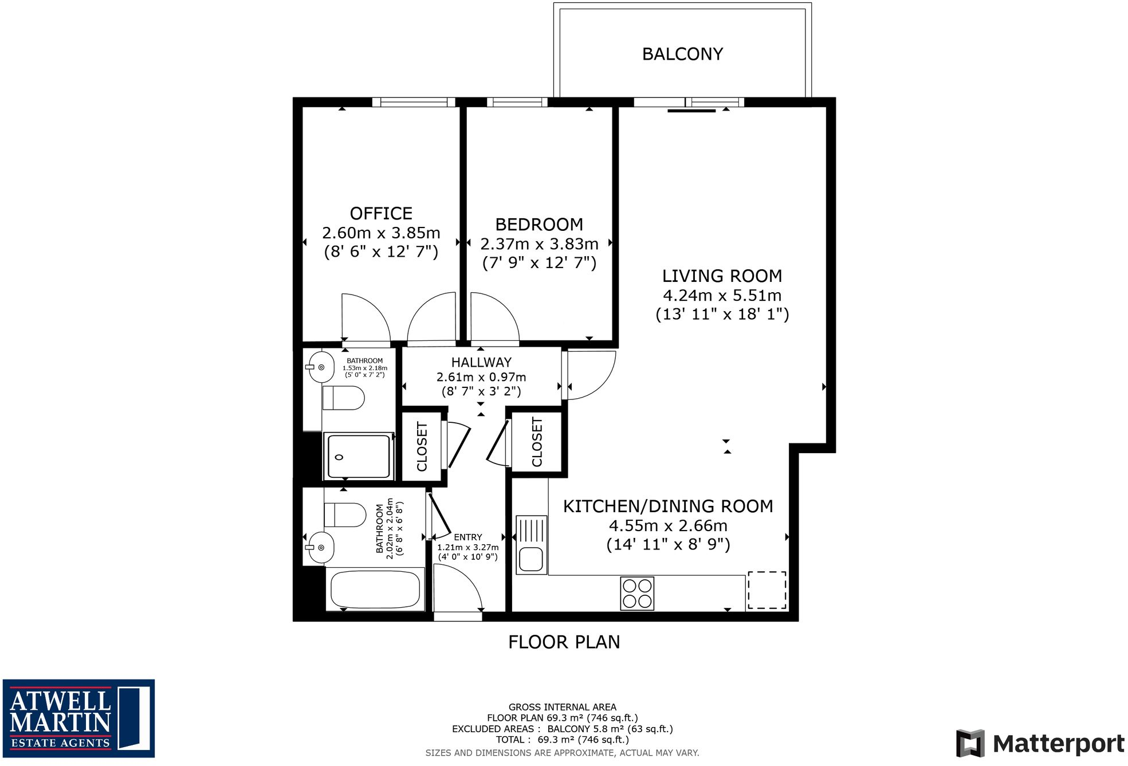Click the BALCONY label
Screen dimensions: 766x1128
682,54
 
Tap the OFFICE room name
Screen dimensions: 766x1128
381,214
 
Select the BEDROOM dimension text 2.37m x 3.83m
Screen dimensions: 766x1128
539,244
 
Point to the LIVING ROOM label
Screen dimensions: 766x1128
722,276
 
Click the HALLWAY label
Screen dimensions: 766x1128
481,363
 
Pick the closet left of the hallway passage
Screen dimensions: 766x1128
422,446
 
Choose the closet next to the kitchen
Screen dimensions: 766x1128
537,442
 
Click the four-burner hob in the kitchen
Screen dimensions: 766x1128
637,593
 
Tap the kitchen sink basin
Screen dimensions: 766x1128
531,559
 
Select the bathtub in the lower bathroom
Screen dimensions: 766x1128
375,590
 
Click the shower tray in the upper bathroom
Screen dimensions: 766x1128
359,456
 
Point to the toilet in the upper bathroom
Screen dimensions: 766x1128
344,398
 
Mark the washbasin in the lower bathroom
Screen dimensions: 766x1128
320,547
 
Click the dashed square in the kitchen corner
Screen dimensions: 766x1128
767,590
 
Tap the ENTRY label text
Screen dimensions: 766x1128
468,537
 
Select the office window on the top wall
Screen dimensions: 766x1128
414,103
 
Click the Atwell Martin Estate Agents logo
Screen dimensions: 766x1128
78,718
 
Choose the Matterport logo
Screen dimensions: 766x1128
1040,744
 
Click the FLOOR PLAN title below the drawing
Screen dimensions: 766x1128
564,642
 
